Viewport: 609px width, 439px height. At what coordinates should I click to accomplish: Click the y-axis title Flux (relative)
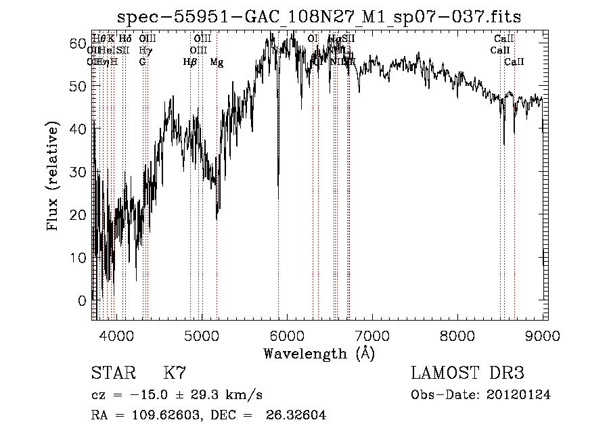pyautogui.click(x=53, y=175)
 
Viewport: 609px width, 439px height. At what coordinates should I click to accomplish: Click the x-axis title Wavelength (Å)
pyautogui.click(x=319, y=353)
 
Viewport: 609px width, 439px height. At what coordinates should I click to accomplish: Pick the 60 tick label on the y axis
pyautogui.click(x=78, y=43)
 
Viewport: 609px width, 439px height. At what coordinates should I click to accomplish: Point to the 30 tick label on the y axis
pyautogui.click(x=78, y=172)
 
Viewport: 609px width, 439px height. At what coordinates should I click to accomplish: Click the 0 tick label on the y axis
pyautogui.click(x=83, y=300)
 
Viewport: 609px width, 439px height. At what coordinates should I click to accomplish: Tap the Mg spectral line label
pyautogui.click(x=217, y=62)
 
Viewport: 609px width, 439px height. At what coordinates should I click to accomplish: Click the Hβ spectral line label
pyautogui.click(x=189, y=62)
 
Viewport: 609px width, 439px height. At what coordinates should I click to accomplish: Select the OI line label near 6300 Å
pyautogui.click(x=313, y=39)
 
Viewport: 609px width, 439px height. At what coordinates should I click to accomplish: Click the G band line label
pyautogui.click(x=142, y=62)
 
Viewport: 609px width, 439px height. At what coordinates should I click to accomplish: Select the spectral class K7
pyautogui.click(x=175, y=374)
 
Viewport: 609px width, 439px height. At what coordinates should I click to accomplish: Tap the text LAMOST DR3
pyautogui.click(x=468, y=374)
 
